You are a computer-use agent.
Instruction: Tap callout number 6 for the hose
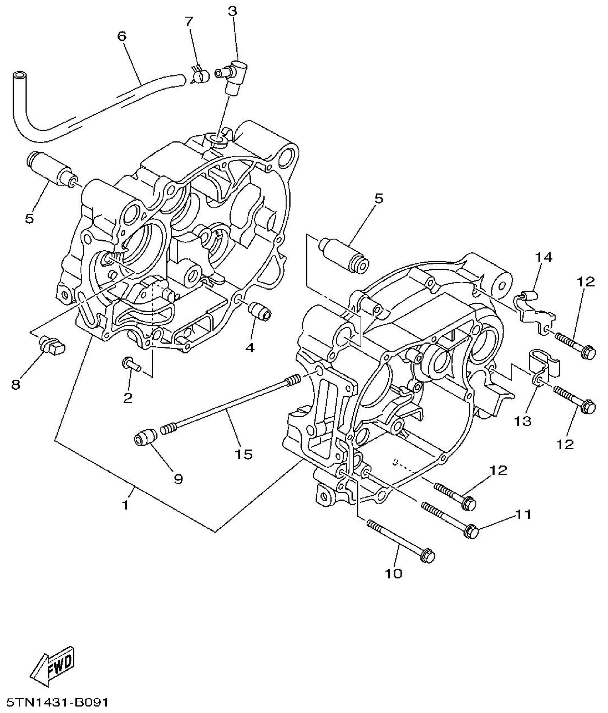122,36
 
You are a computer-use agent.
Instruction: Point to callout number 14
544,257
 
